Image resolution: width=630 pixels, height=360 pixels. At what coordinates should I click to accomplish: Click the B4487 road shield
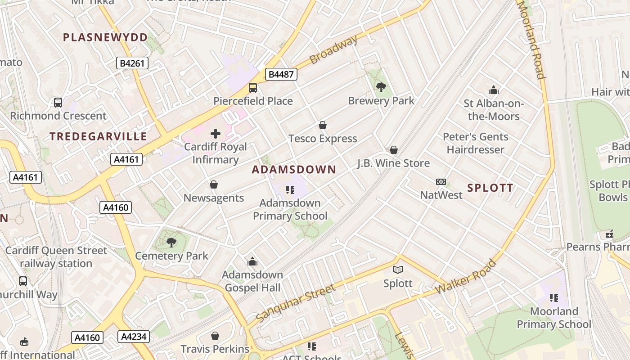[x=281, y=74]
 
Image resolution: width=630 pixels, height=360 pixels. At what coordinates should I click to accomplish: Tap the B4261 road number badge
[x=132, y=63]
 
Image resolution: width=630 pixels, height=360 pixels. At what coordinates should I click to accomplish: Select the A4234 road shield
[x=133, y=337]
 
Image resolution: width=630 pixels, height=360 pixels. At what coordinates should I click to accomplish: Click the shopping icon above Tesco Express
[x=322, y=125]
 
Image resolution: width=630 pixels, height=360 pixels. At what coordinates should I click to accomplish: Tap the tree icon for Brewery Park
[x=381, y=87]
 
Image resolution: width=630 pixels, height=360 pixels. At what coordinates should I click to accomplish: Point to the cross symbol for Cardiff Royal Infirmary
[x=216, y=134]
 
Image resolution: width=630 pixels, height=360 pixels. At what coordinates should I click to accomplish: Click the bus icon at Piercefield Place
[x=253, y=88]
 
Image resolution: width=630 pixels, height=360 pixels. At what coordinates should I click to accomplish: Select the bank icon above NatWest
[x=441, y=182]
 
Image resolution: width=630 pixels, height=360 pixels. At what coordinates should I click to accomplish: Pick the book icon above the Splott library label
[x=398, y=270]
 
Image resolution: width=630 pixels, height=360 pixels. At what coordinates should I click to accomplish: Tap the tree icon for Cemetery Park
[x=171, y=243]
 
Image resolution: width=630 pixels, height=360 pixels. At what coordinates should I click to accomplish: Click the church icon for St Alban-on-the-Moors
[x=494, y=90]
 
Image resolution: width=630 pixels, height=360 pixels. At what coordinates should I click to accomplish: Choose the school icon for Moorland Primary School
[x=554, y=298]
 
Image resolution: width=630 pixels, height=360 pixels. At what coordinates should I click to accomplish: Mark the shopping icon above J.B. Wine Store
[x=394, y=150]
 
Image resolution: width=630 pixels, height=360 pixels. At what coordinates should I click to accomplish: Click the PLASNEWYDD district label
[x=105, y=37]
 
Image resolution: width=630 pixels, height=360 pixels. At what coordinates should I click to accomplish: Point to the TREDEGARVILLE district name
[x=98, y=136]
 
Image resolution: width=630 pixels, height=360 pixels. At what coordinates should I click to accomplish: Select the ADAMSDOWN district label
[x=294, y=170]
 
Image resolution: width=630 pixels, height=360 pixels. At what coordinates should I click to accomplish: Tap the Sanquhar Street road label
[x=296, y=303]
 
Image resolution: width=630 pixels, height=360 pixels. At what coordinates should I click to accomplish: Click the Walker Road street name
[x=466, y=276]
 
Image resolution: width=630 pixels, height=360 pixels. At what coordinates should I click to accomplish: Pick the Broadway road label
[x=333, y=49]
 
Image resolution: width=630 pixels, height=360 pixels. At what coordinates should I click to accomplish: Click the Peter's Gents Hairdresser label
[x=476, y=143]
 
